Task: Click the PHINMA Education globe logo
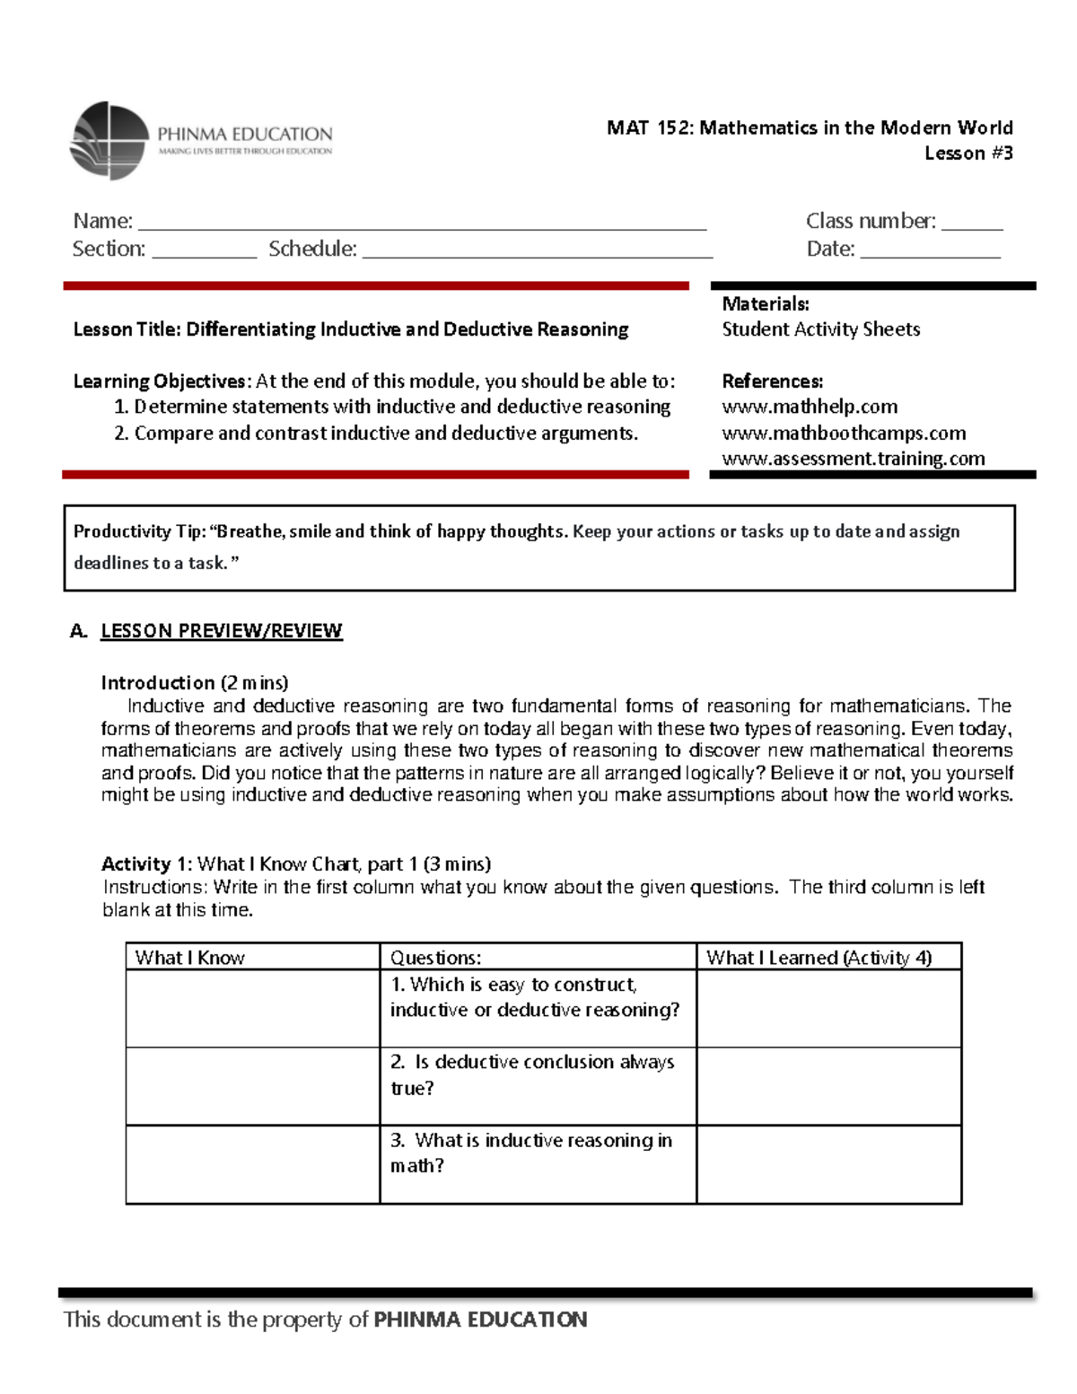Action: pos(109,141)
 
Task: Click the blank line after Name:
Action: pos(422,224)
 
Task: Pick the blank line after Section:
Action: pos(205,252)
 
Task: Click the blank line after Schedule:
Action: pos(537,252)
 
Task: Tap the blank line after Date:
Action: pos(930,252)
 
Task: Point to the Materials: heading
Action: pos(765,304)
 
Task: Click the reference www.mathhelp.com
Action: pos(809,407)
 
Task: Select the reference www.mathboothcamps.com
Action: pos(843,433)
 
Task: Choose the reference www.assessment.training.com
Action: pos(853,459)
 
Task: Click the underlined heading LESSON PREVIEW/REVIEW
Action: pos(221,631)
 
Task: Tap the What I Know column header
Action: pos(189,958)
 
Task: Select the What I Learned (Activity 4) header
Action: pos(819,958)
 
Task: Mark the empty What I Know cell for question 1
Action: pos(252,1008)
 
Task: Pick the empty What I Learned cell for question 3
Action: pos(828,1164)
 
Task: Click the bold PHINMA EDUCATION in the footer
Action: pos(480,1319)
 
